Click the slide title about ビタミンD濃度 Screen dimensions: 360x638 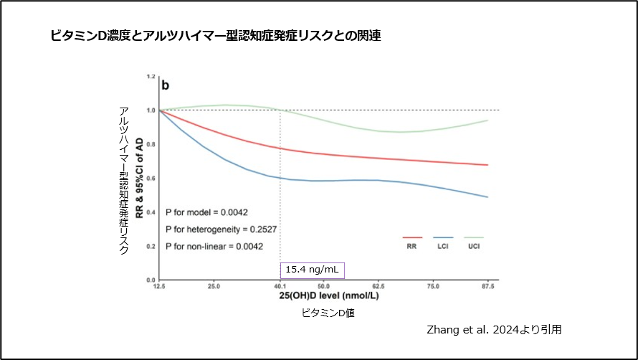pos(215,35)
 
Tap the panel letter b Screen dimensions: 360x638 pos(165,86)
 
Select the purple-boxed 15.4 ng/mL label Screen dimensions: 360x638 pos(313,270)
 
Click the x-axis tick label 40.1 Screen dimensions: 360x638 pos(280,285)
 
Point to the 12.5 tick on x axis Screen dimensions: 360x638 pos(158,285)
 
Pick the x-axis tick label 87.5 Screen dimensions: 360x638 pos(488,285)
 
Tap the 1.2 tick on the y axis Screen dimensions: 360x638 pos(151,76)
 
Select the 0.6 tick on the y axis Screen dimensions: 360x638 pos(151,178)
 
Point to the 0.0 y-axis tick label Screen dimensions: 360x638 pos(151,280)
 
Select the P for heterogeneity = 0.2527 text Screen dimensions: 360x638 pos(221,229)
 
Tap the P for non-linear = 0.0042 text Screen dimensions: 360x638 pos(214,247)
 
